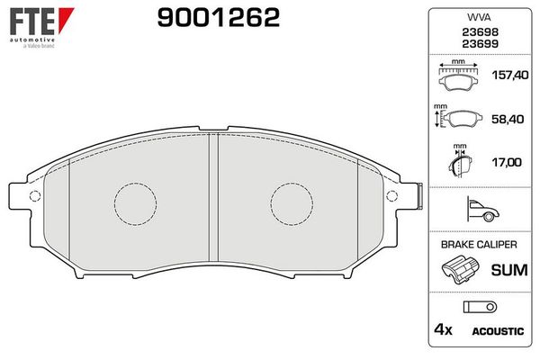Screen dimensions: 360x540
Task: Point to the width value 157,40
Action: click(x=504, y=78)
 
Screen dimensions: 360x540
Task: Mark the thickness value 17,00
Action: click(x=504, y=163)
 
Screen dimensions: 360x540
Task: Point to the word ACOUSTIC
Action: click(x=498, y=331)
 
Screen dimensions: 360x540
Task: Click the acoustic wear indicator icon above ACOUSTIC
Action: click(x=476, y=307)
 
